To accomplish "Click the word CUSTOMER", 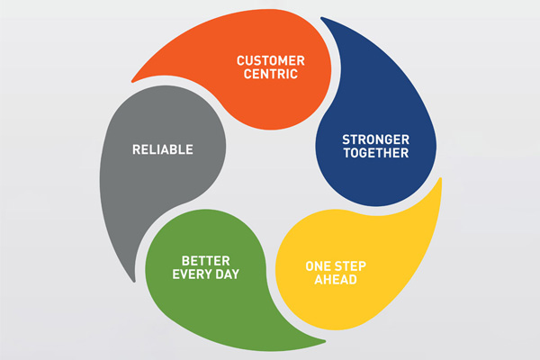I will tap(271, 60).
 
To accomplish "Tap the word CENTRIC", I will tap(271, 75).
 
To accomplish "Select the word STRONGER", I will tap(374, 139).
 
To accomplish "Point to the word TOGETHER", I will tap(374, 154).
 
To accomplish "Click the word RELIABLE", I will tap(163, 149).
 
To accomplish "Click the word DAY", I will tap(225, 273).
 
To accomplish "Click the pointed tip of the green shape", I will tap(324, 342).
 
